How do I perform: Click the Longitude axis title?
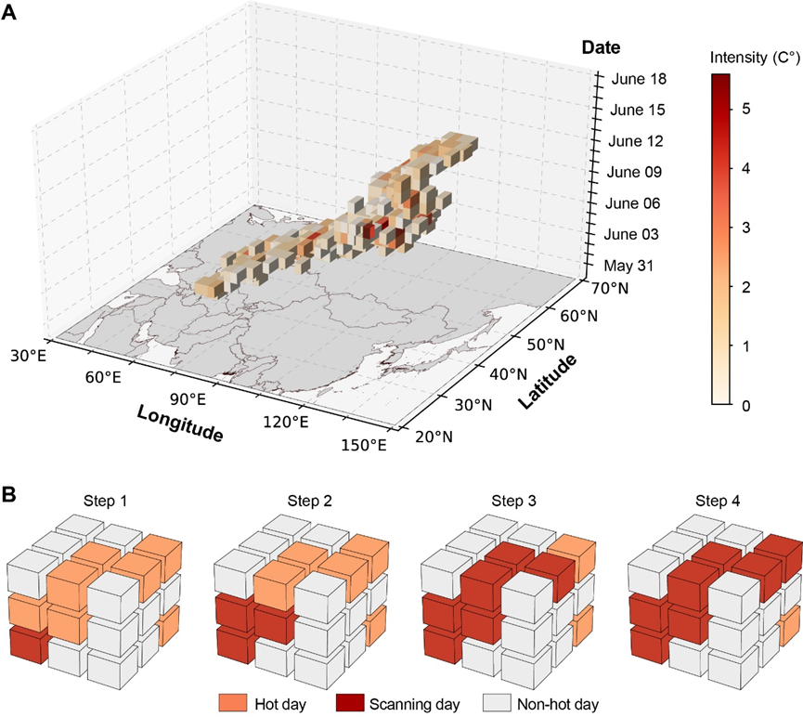click(x=180, y=424)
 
